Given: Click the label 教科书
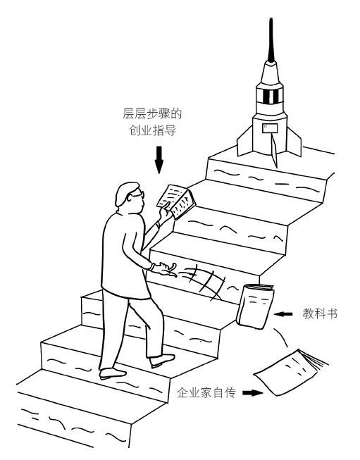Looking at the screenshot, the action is click(x=320, y=314).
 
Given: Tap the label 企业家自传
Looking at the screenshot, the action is click(x=206, y=392).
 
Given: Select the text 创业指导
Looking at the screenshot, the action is click(x=153, y=130).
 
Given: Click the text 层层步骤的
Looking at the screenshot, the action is click(x=152, y=113).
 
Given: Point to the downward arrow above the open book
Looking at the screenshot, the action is click(x=159, y=160).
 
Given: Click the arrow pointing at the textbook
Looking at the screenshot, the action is click(x=283, y=314).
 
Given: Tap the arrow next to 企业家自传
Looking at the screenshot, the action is click(x=253, y=393).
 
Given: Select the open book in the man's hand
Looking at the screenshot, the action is click(x=176, y=202).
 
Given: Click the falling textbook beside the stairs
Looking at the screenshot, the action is click(x=254, y=306).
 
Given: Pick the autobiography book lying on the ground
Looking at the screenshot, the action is click(x=289, y=371).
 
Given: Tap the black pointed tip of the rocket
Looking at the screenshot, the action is click(x=271, y=39).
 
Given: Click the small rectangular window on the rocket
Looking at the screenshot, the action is click(x=270, y=128).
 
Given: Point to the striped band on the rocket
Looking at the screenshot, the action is click(x=270, y=96).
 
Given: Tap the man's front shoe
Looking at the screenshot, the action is click(x=162, y=360).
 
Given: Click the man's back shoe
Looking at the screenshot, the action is click(x=113, y=373).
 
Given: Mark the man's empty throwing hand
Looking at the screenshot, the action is click(x=165, y=268).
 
